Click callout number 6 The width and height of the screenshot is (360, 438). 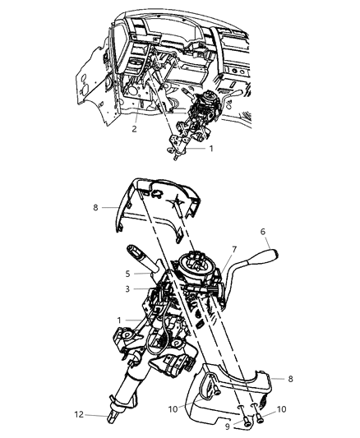[263, 233]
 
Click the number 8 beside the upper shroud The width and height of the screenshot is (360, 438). [98, 208]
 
